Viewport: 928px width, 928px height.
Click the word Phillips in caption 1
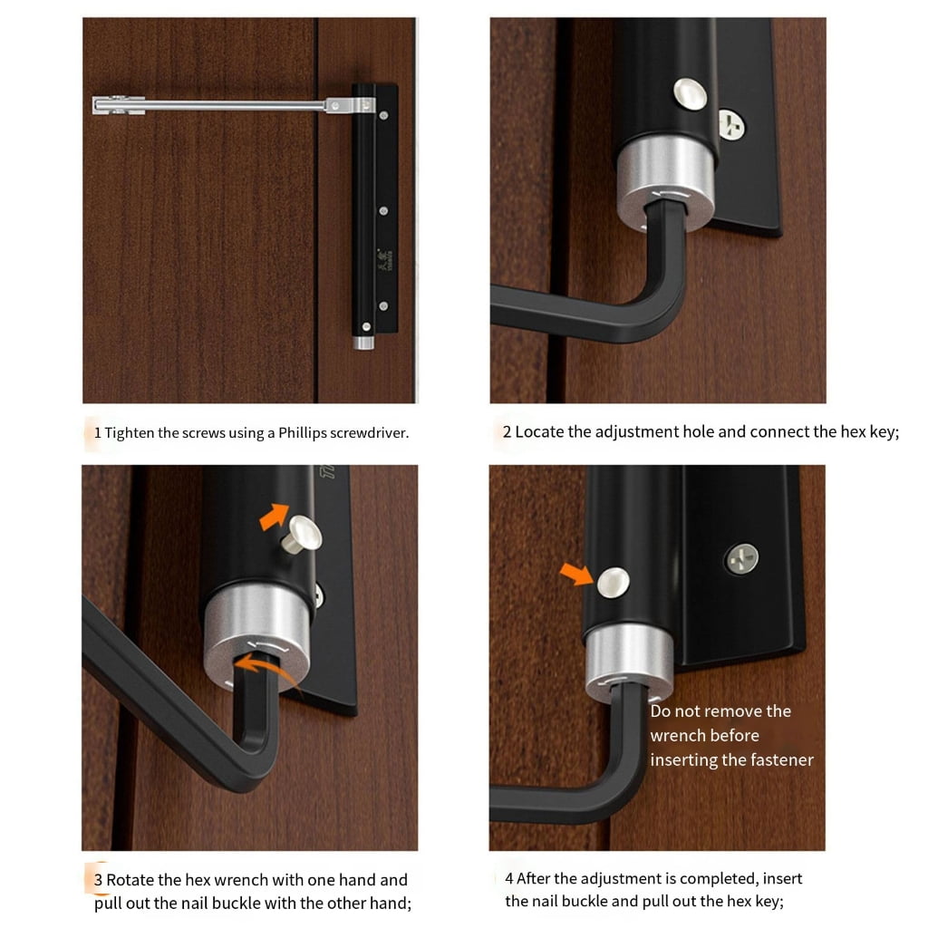pyautogui.click(x=302, y=433)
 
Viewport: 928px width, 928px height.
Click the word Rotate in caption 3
pyautogui.click(x=130, y=879)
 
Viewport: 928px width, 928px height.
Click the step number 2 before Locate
pyautogui.click(x=507, y=432)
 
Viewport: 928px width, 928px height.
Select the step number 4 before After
pyautogui.click(x=509, y=878)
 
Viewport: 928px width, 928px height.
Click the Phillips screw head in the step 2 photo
pyautogui.click(x=731, y=124)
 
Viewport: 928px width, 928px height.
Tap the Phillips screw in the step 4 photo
pyautogui.click(x=742, y=558)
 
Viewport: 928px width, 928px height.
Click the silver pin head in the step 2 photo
pyautogui.click(x=690, y=94)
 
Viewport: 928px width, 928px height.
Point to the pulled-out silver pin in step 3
pyautogui.click(x=303, y=533)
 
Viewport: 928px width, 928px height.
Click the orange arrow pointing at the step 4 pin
pyautogui.click(x=575, y=573)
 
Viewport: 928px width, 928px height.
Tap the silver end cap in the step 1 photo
pyautogui.click(x=364, y=343)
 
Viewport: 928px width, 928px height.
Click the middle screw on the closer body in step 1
pyautogui.click(x=383, y=210)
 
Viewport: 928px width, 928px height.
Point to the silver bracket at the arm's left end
pyautogui.click(x=119, y=105)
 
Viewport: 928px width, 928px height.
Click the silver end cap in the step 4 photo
pyautogui.click(x=629, y=662)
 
